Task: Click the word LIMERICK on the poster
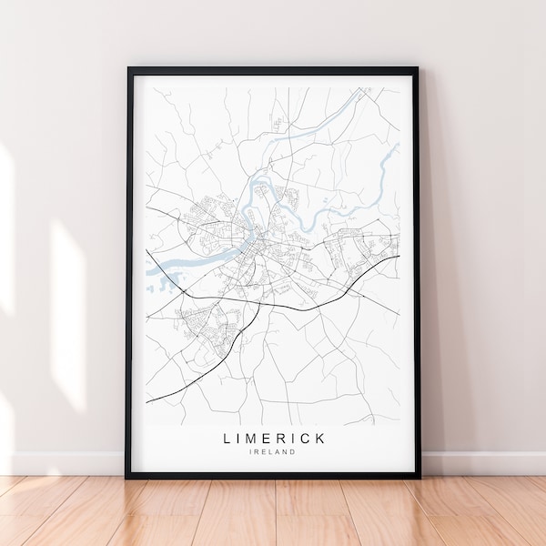[273, 439]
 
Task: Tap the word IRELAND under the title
[273, 452]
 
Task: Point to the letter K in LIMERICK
[321, 439]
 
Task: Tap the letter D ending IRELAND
[294, 452]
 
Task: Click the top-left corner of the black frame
[127, 68]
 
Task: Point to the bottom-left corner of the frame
[126, 477]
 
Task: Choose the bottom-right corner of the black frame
[420, 477]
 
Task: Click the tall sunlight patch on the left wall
[68, 300]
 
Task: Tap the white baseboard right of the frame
[482, 462]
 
